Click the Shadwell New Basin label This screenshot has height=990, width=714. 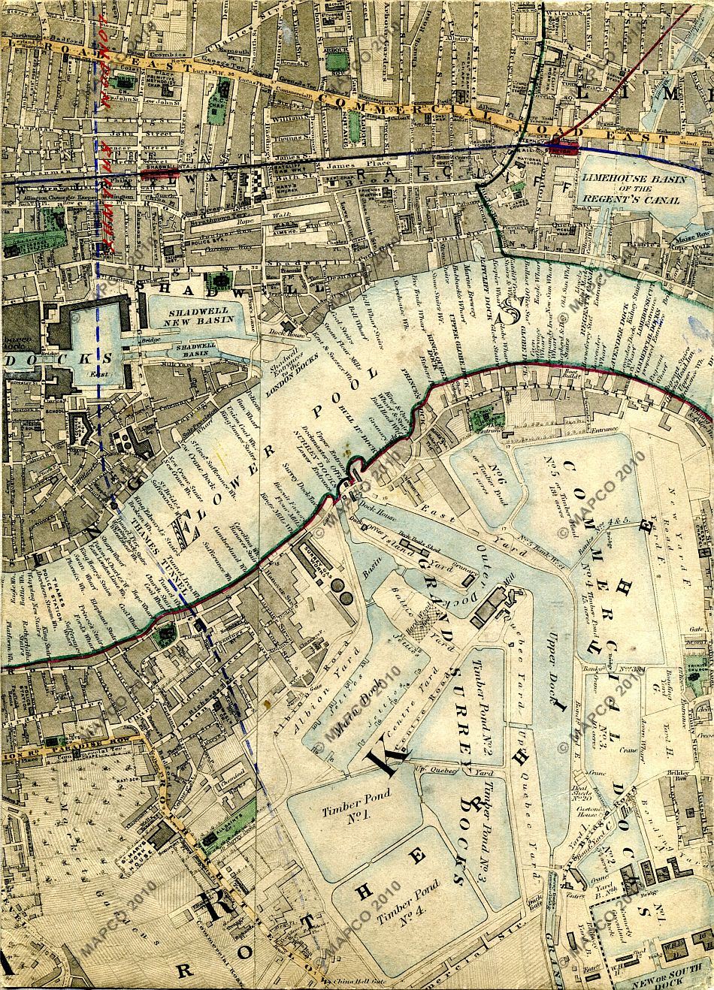coord(193,317)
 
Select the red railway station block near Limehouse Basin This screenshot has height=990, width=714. coord(561,147)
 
